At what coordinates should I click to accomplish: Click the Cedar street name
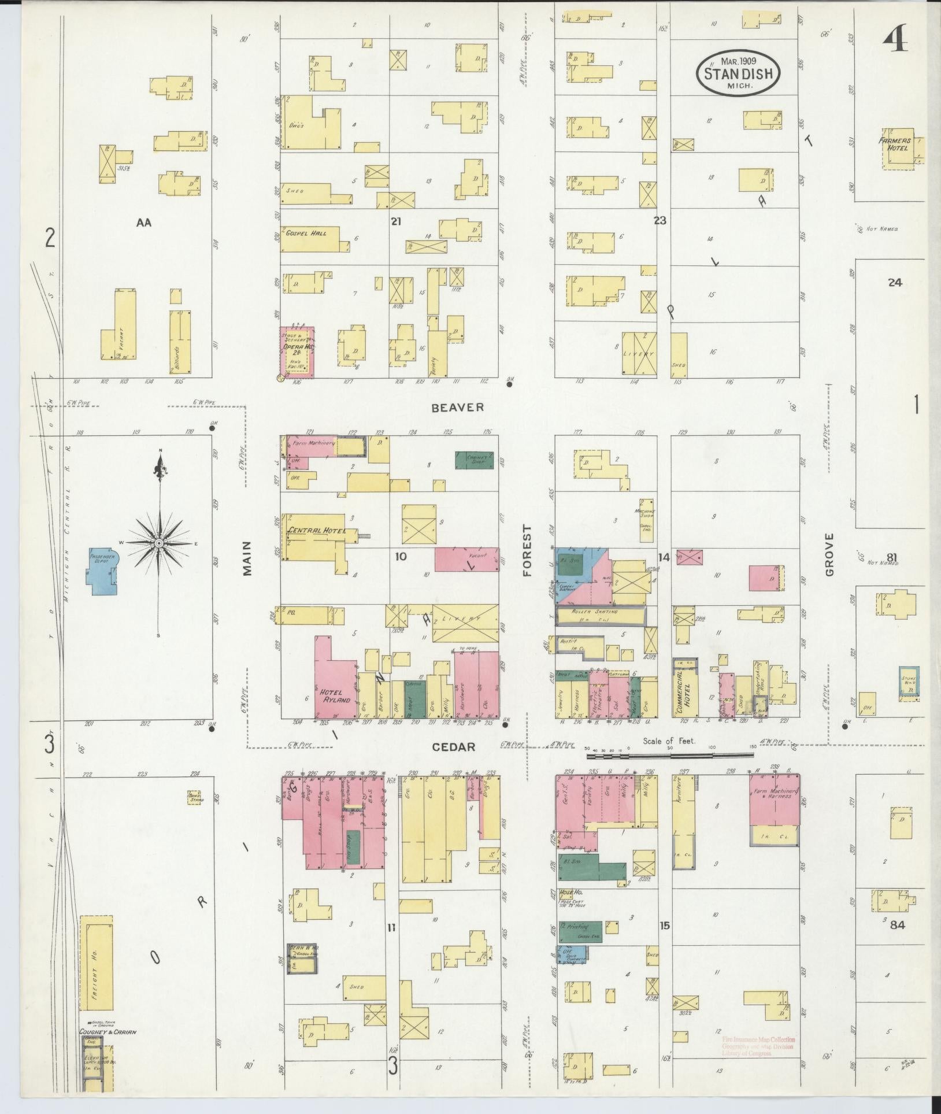pyautogui.click(x=454, y=747)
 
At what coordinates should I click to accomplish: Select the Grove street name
pyautogui.click(x=830, y=554)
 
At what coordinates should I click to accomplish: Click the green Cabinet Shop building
pyautogui.click(x=475, y=460)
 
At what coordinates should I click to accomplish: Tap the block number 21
pyautogui.click(x=395, y=221)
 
